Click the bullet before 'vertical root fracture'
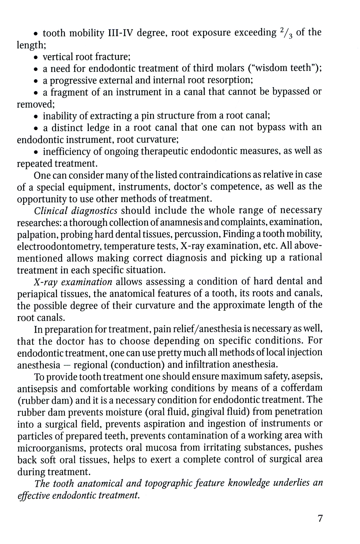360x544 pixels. pyautogui.click(x=36, y=57)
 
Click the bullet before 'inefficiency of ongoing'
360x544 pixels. pyautogui.click(x=36, y=152)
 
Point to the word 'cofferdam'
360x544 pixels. pyautogui.click(x=301, y=388)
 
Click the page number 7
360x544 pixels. pyautogui.click(x=320, y=519)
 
